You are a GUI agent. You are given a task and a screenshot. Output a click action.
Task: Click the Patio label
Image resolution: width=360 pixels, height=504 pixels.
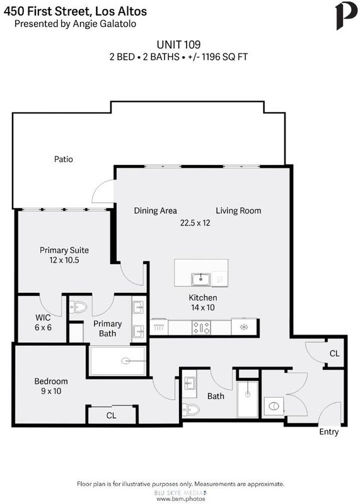[x=64, y=159]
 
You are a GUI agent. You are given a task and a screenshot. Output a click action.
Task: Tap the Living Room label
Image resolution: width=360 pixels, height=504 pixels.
[x=238, y=211]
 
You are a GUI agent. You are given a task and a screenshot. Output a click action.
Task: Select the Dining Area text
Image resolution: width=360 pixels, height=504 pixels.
[x=155, y=211]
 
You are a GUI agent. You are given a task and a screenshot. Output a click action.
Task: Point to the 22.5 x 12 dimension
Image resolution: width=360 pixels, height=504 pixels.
[x=195, y=223]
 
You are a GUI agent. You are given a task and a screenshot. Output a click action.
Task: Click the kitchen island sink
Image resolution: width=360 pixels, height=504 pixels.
[x=201, y=279]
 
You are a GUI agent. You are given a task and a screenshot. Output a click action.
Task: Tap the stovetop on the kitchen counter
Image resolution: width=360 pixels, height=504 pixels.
[x=201, y=328]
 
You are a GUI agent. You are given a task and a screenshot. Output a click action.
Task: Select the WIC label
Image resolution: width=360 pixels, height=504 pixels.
[x=43, y=318]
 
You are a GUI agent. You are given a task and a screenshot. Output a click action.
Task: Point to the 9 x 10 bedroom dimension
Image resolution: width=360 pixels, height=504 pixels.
[x=51, y=391]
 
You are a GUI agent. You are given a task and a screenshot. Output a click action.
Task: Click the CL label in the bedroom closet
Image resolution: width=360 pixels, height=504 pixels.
[x=111, y=416]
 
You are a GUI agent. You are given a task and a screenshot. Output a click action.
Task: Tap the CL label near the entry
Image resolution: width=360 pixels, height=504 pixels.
[x=335, y=353]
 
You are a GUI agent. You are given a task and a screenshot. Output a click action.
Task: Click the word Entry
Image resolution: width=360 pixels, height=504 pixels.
[x=329, y=432]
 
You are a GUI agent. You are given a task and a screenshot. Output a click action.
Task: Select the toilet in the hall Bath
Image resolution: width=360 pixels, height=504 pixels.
[x=191, y=410]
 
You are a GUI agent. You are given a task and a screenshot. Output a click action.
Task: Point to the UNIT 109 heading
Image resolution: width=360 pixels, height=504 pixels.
[x=178, y=44]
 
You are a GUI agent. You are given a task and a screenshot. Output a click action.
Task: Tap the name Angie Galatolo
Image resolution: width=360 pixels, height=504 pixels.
[x=104, y=24]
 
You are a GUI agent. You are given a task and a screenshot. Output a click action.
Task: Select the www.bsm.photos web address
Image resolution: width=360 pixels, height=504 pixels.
[x=180, y=499]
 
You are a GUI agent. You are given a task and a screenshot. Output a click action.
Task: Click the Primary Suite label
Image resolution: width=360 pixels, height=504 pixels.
[x=64, y=250]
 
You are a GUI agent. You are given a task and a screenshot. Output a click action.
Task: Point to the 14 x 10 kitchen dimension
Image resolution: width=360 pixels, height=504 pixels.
[x=202, y=307]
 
